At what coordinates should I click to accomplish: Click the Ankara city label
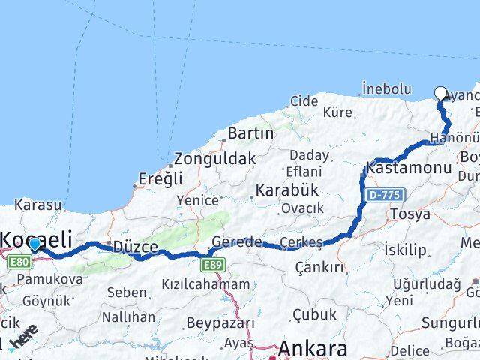[x=313, y=349]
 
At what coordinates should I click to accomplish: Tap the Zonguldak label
[x=214, y=159]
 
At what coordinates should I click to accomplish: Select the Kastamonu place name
[x=409, y=167]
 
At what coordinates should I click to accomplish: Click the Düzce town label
[x=135, y=246]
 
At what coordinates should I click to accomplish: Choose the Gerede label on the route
[x=237, y=241]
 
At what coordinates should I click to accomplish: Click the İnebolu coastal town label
[x=386, y=88]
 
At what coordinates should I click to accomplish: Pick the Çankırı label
[x=319, y=267]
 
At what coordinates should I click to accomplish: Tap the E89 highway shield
[x=214, y=264]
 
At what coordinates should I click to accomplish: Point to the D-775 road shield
[x=386, y=195]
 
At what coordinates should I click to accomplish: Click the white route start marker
[x=441, y=93]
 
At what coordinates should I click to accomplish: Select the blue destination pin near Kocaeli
[x=34, y=243]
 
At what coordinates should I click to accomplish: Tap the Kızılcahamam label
[x=205, y=284]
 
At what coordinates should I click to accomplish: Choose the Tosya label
[x=410, y=214]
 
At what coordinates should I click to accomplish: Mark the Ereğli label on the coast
[x=160, y=179]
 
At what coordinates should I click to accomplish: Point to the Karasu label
[x=37, y=204]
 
